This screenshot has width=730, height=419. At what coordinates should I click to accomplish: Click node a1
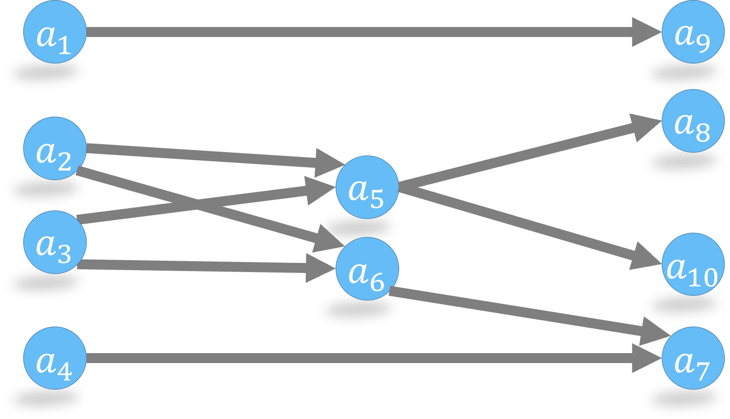(x=55, y=32)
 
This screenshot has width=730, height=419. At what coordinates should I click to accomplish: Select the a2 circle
(x=55, y=148)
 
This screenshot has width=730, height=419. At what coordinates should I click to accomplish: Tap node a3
(x=55, y=242)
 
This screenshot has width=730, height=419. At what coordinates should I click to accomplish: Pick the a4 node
(x=55, y=358)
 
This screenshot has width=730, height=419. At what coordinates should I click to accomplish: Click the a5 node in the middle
(x=367, y=187)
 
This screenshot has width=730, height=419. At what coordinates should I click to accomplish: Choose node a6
(x=367, y=269)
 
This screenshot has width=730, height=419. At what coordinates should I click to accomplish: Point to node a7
(x=693, y=358)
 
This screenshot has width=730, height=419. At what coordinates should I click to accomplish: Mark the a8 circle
(x=693, y=121)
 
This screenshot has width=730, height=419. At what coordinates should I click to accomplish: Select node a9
(x=693, y=32)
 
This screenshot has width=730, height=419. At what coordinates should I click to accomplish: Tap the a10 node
(x=693, y=264)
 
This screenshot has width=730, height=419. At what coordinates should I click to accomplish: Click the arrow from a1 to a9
(x=360, y=32)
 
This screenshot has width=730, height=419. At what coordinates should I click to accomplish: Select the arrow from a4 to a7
(x=360, y=358)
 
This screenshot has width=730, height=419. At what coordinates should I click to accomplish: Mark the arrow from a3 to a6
(x=190, y=266)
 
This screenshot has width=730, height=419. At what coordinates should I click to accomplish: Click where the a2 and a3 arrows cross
(x=196, y=206)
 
